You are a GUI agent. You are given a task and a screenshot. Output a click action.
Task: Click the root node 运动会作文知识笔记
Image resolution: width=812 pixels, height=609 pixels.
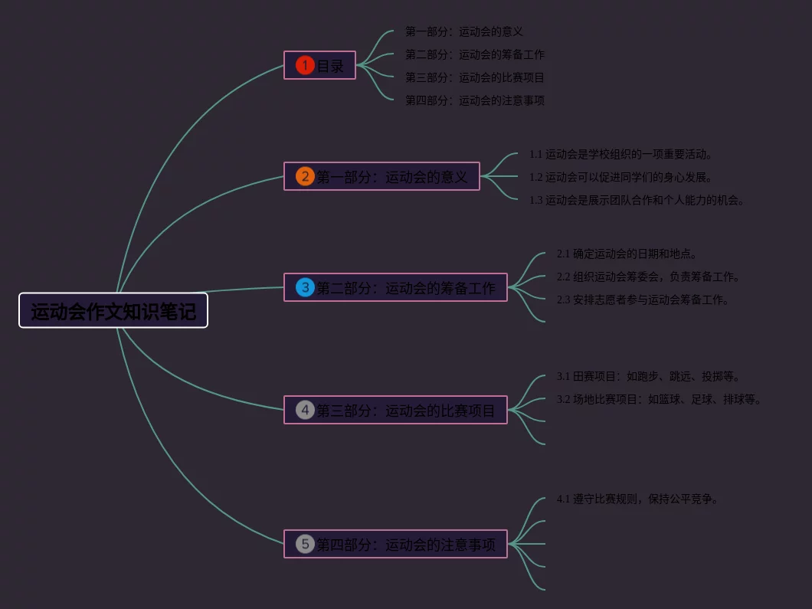click(x=113, y=311)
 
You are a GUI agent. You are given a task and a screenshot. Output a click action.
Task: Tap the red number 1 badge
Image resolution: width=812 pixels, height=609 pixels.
click(x=305, y=65)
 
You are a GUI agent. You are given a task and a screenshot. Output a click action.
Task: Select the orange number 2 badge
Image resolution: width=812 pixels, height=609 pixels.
click(x=305, y=176)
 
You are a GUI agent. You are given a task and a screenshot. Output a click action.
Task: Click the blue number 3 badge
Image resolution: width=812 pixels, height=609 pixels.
click(x=305, y=287)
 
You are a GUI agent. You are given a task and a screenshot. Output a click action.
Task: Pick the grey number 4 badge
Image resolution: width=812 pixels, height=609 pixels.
click(x=305, y=410)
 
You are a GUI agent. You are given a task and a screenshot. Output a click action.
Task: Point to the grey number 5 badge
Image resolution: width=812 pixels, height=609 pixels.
click(x=305, y=544)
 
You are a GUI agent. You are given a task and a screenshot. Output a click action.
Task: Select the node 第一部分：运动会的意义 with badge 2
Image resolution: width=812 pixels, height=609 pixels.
click(x=391, y=177)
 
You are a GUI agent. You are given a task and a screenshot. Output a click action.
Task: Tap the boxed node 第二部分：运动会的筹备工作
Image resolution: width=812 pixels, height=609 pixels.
click(x=406, y=288)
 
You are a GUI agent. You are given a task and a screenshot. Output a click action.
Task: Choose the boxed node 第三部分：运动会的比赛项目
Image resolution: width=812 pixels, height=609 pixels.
click(x=406, y=411)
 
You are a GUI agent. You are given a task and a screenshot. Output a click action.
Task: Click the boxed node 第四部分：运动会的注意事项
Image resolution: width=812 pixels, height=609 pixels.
click(x=406, y=545)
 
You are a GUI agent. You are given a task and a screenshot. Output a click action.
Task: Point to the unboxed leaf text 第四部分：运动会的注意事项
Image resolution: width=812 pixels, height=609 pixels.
click(x=475, y=100)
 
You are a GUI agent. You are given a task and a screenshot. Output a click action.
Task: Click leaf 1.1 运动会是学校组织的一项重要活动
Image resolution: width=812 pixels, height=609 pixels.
click(x=621, y=154)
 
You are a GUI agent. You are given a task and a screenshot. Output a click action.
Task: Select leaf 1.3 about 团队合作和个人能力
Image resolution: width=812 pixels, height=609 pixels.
click(x=637, y=200)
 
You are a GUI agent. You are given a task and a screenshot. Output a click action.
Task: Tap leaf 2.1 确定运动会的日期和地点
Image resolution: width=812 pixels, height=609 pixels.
click(x=627, y=254)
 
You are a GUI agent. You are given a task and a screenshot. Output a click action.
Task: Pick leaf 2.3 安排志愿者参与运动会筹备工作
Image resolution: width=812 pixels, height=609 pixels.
click(x=643, y=300)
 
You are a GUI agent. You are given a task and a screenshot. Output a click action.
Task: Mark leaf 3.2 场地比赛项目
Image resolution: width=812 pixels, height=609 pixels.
click(x=659, y=399)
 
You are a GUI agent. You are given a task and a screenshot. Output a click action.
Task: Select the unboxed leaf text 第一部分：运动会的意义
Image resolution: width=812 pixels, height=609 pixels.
click(x=464, y=31)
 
